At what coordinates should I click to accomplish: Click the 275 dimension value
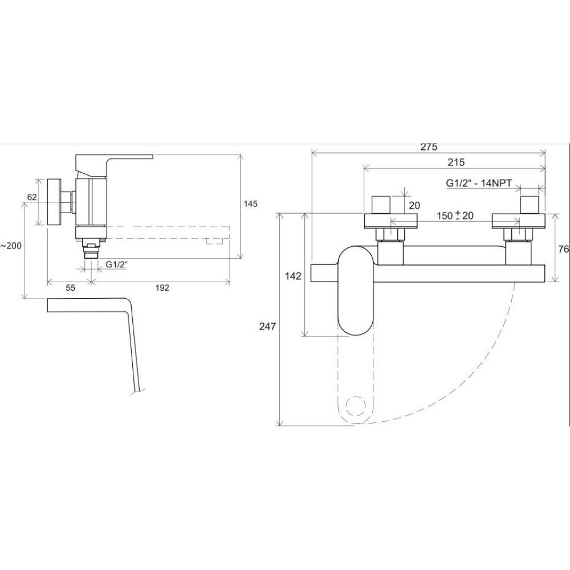coord(429,147)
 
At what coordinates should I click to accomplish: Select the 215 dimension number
coord(456,162)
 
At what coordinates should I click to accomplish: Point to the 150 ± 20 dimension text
coord(455,215)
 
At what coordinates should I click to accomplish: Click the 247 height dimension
coord(267,327)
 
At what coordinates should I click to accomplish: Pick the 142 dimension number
coord(293,276)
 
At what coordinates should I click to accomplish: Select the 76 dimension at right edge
coord(564,250)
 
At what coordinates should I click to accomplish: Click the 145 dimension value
coord(250,204)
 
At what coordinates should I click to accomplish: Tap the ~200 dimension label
coord(11,246)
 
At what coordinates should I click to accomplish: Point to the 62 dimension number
coord(32,197)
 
